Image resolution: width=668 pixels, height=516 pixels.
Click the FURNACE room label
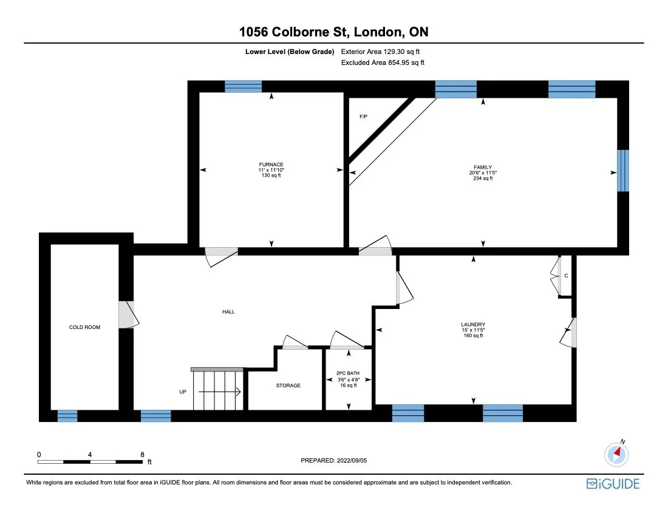(x=271, y=165)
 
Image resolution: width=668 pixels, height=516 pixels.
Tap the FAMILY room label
(x=483, y=167)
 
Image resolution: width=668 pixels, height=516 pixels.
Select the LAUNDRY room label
(x=472, y=324)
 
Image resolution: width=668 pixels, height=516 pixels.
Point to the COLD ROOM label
(x=84, y=327)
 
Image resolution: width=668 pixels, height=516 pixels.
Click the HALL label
(x=228, y=311)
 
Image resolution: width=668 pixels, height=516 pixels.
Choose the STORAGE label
(x=288, y=385)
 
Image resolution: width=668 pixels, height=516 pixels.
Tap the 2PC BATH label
(x=348, y=374)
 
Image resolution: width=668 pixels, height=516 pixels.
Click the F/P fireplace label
(x=363, y=116)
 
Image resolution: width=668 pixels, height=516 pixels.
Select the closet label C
(x=566, y=276)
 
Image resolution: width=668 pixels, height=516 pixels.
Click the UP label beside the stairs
(x=183, y=392)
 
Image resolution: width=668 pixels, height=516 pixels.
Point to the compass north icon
(x=616, y=453)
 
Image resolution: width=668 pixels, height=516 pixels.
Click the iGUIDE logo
(x=613, y=484)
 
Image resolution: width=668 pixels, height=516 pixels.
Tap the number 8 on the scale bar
(x=141, y=454)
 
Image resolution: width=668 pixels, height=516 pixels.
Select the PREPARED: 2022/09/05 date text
(x=334, y=461)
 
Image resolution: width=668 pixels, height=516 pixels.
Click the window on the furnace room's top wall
(x=243, y=86)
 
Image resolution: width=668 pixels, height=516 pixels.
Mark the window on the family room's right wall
(x=623, y=171)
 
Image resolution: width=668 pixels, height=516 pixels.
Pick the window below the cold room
(x=67, y=416)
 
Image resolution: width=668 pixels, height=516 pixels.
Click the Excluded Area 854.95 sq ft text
(x=383, y=63)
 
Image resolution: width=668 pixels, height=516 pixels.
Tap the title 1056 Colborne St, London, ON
(x=333, y=32)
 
